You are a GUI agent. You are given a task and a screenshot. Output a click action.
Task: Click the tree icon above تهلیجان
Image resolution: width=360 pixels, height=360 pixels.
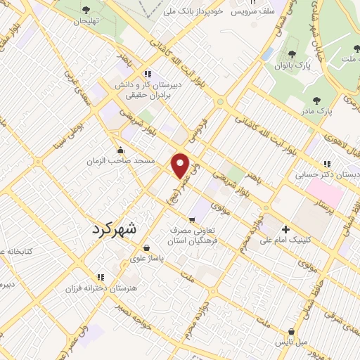click(x=86, y=10)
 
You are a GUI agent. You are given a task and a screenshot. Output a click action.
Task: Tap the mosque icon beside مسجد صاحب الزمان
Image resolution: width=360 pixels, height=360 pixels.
click(x=121, y=149)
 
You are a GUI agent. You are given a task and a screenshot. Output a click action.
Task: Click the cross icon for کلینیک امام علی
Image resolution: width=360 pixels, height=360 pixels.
click(x=285, y=229)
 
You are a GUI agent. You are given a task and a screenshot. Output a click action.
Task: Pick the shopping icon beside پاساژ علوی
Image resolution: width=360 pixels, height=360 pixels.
click(x=146, y=247)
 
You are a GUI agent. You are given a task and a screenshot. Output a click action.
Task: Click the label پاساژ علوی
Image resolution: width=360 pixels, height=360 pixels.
click(x=146, y=258)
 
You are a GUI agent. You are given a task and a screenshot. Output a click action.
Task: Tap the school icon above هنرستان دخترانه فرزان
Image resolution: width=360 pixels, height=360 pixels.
click(x=100, y=276)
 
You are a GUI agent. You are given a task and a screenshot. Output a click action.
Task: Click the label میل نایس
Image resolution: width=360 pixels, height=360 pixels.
click(x=291, y=342)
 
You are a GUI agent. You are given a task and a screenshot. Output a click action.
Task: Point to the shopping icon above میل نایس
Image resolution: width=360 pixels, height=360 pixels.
click(x=291, y=331)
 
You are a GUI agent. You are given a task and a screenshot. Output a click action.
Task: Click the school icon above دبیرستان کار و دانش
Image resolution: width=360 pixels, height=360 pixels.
click(x=147, y=73)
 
